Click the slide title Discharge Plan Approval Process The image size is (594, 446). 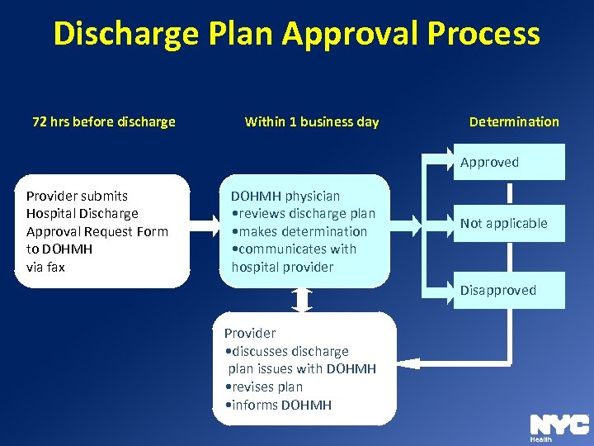pyautogui.click(x=297, y=35)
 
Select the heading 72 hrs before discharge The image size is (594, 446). pyautogui.click(x=104, y=122)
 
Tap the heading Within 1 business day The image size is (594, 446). pyautogui.click(x=312, y=122)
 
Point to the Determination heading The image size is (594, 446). pyautogui.click(x=514, y=122)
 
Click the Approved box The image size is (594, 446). pyautogui.click(x=508, y=163)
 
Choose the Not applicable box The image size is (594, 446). pyautogui.click(x=508, y=224)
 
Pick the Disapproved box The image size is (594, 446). pyautogui.click(x=508, y=291)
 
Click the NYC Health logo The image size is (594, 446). pyautogui.click(x=559, y=427)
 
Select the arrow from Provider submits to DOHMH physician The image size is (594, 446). pyautogui.click(x=204, y=223)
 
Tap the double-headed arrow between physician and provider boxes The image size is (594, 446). pyautogui.click(x=303, y=300)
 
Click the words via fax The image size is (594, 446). pyautogui.click(x=45, y=268)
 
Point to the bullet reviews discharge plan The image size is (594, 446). pyautogui.click(x=304, y=214)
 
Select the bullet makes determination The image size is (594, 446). pyautogui.click(x=300, y=232)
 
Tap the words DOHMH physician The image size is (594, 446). pyautogui.click(x=285, y=197)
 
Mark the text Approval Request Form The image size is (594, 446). pyautogui.click(x=97, y=232)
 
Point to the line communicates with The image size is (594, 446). pyautogui.click(x=295, y=249)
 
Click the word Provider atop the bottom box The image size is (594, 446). pyautogui.click(x=250, y=334)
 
